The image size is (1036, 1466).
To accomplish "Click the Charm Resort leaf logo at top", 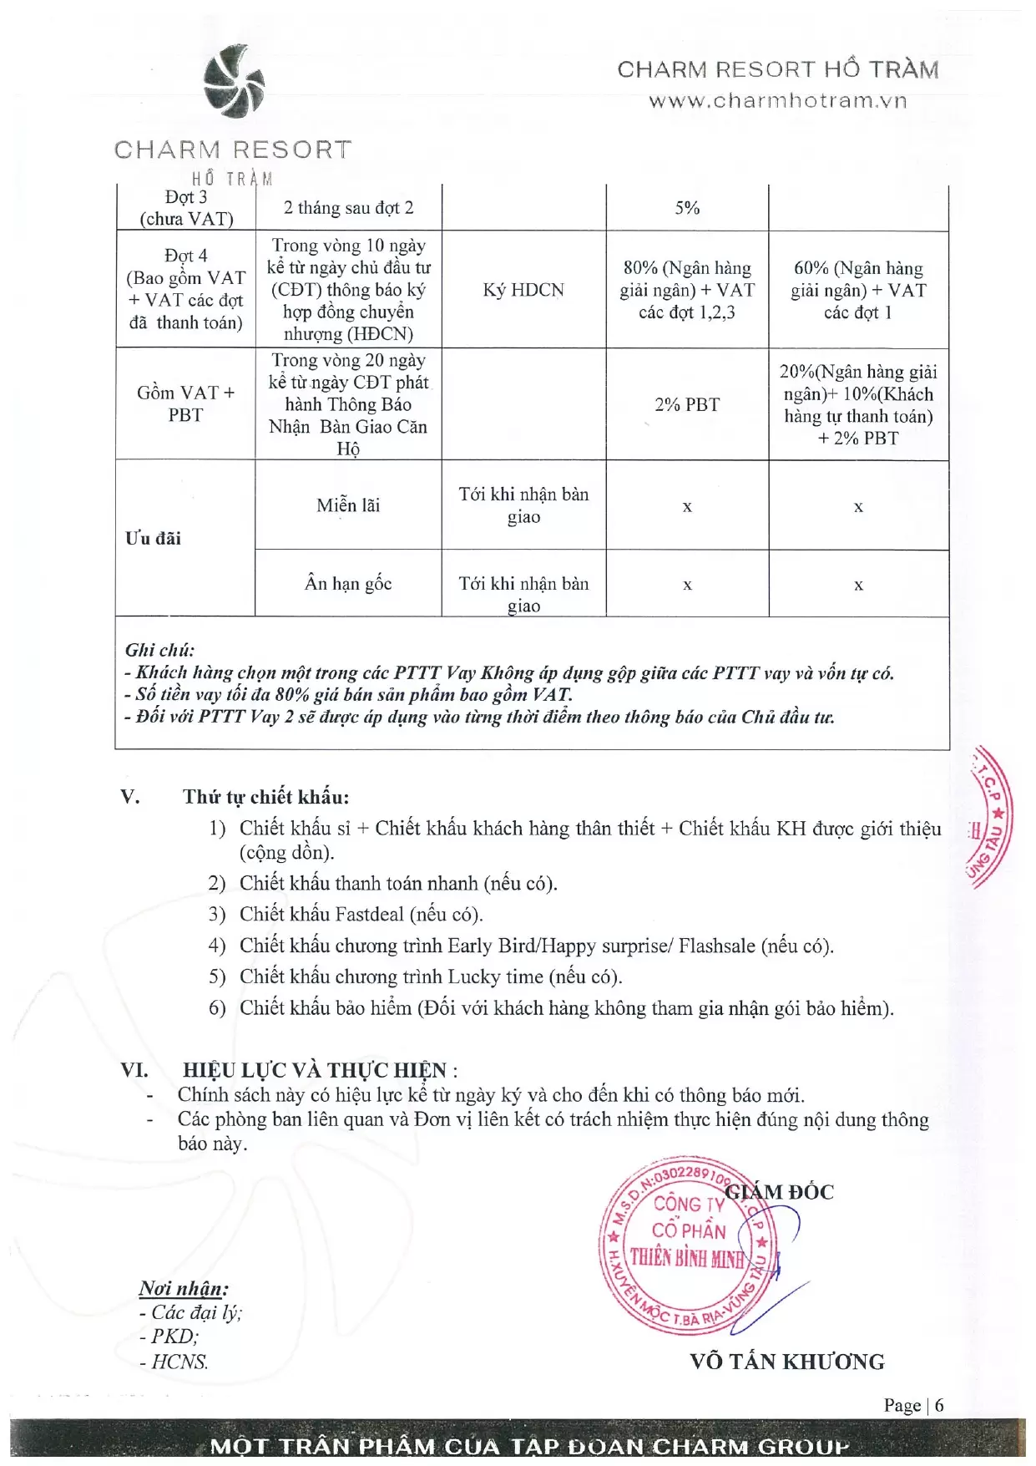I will pyautogui.click(x=234, y=82).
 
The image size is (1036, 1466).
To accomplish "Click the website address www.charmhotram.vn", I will pyautogui.click(x=777, y=101).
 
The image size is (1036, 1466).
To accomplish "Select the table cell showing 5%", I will pyautogui.click(x=687, y=208).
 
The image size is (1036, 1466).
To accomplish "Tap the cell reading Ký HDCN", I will pyautogui.click(x=523, y=290).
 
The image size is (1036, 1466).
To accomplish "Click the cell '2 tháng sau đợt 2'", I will pyautogui.click(x=348, y=208).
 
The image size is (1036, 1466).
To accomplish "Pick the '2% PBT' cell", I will pyautogui.click(x=687, y=404).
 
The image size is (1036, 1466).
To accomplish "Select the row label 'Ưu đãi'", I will pyautogui.click(x=153, y=538).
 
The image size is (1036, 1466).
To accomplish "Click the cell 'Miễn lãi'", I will pyautogui.click(x=348, y=505).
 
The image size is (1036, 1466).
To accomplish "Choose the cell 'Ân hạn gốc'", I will pyautogui.click(x=348, y=583).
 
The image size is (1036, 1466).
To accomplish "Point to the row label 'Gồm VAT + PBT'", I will pyautogui.click(x=185, y=403).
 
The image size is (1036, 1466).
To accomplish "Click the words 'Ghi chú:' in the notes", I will pyautogui.click(x=159, y=650).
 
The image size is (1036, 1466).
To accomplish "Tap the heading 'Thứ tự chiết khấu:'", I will pyautogui.click(x=265, y=797).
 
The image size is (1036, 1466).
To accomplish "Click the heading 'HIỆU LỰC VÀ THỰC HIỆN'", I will pyautogui.click(x=315, y=1070).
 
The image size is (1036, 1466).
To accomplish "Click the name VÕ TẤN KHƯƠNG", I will pyautogui.click(x=787, y=1362).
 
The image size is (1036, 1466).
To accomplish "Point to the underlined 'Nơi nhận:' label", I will pyautogui.click(x=184, y=1289).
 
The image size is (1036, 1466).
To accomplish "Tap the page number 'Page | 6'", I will pyautogui.click(x=913, y=1405).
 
